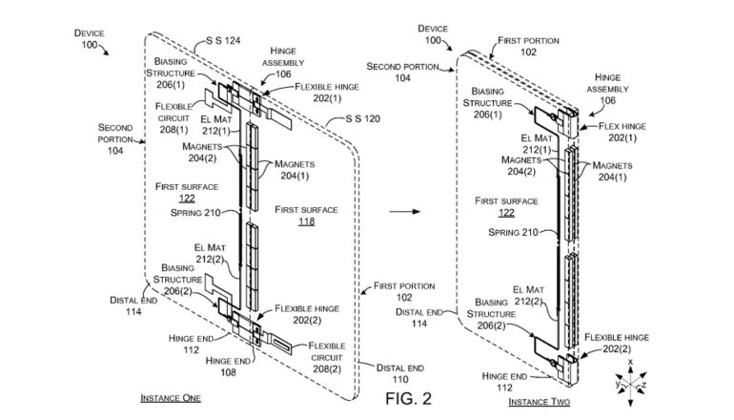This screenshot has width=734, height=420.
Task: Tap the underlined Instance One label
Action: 171,397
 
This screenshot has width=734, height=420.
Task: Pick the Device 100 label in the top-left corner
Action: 92,39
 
